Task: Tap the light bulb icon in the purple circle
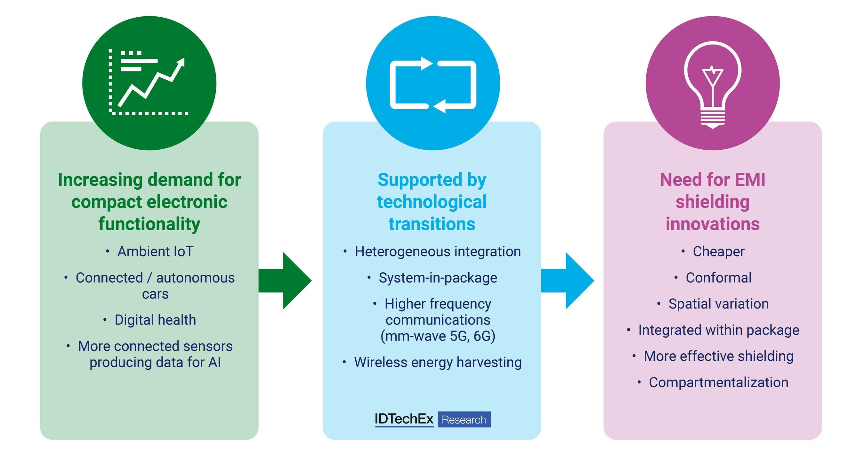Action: coord(712,84)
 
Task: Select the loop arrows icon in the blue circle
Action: coord(433,85)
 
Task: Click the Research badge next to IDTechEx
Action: coord(464,419)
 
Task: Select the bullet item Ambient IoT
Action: coord(155,251)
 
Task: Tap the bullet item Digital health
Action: coord(155,320)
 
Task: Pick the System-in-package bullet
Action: coord(438,277)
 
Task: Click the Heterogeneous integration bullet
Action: coord(438,251)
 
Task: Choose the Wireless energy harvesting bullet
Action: coord(438,362)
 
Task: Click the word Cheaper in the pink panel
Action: coord(718,251)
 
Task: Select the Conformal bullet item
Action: coord(718,277)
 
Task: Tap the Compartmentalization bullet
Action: coord(718,382)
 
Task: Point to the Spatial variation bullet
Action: coord(718,304)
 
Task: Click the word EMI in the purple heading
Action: coord(750,180)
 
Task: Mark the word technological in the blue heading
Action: coord(432,202)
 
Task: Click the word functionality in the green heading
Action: coord(149,224)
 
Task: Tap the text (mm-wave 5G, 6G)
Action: coord(438,336)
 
